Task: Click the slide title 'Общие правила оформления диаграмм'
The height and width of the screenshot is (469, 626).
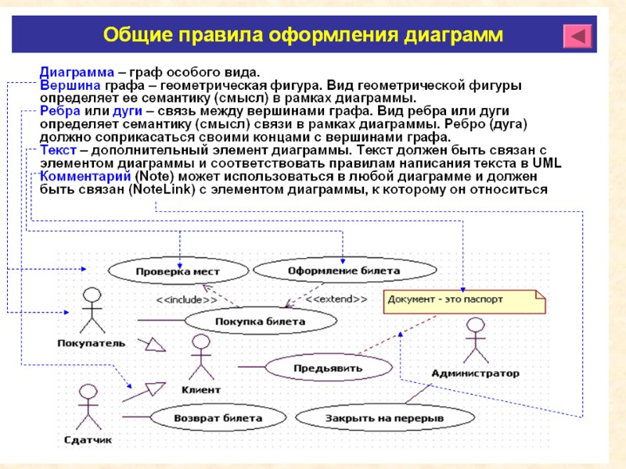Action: click(x=303, y=35)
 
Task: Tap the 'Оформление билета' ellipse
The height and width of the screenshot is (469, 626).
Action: click(x=344, y=271)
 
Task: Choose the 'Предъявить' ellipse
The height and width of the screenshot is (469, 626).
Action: click(x=329, y=367)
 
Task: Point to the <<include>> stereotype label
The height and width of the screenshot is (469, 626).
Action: click(x=186, y=299)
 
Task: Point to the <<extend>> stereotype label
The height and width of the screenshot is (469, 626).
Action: click(x=336, y=299)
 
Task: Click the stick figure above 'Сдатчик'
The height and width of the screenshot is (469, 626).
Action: click(x=88, y=406)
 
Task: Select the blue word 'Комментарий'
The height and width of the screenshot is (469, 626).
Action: click(x=85, y=177)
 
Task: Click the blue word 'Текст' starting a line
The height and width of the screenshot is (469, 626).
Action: click(x=58, y=150)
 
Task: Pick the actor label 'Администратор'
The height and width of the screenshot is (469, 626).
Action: click(x=475, y=374)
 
